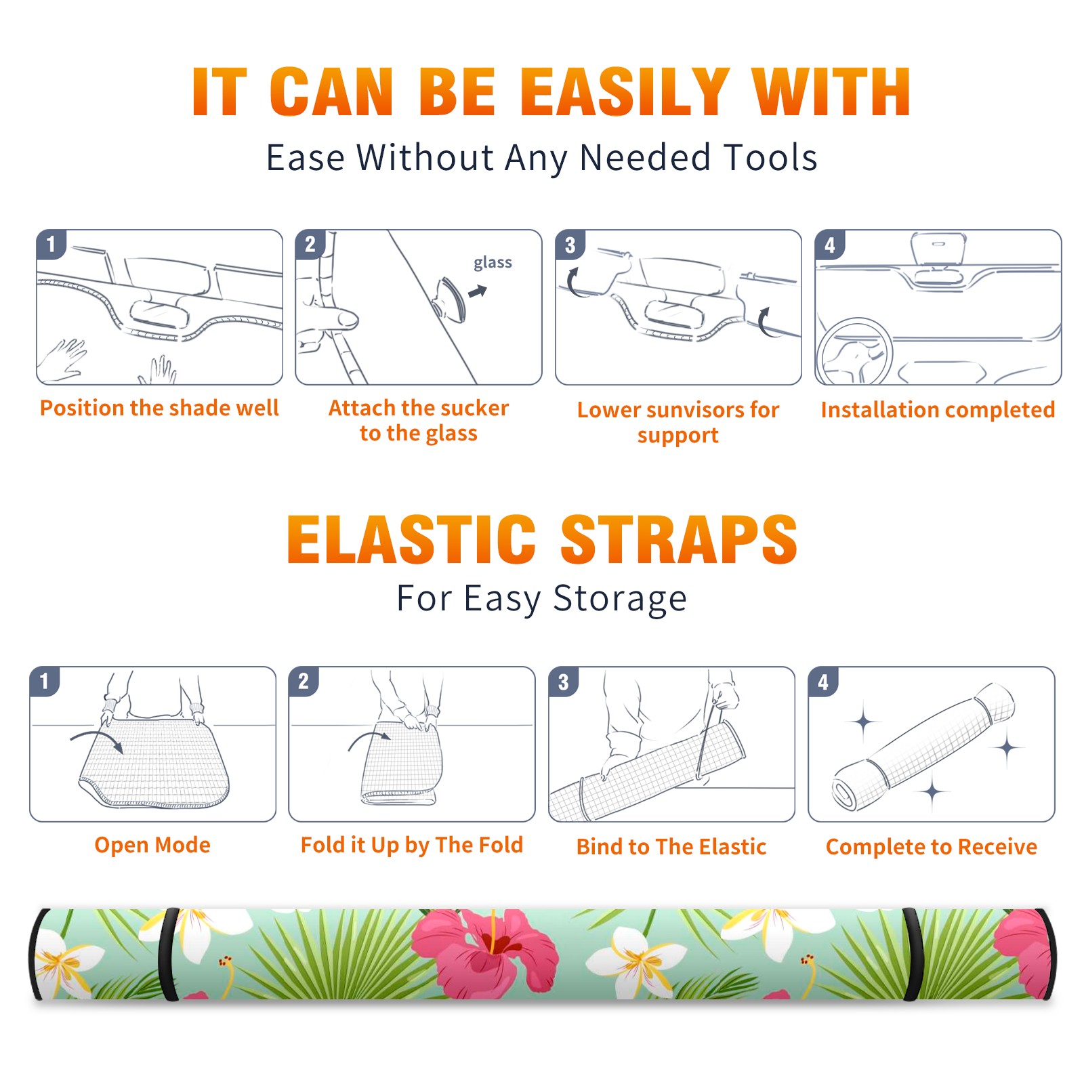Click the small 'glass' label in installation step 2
click(493, 263)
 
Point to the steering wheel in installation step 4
click(854, 352)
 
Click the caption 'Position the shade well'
click(159, 408)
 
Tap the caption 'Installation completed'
click(938, 409)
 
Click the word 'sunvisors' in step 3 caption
click(686, 410)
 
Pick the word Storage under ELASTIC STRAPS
click(620, 599)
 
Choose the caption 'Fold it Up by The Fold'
click(412, 845)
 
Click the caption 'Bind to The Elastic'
click(671, 847)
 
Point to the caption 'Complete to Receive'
click(932, 847)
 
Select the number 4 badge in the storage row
click(823, 682)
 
